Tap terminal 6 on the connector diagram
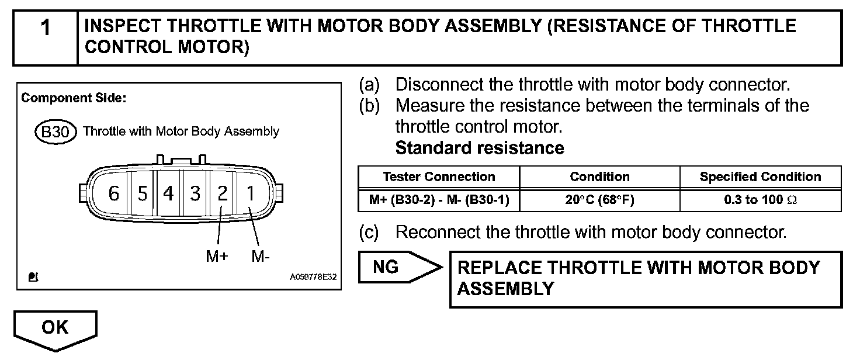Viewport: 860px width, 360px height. (114, 193)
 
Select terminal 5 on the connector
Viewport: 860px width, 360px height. (142, 193)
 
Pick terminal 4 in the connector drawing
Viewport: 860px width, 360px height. (168, 193)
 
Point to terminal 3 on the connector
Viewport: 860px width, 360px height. (195, 193)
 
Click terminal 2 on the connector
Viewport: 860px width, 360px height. (222, 193)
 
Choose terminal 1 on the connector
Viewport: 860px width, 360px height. (249, 193)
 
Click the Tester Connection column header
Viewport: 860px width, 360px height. (439, 176)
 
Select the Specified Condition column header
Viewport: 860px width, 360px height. (760, 176)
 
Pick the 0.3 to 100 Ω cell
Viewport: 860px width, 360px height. (760, 200)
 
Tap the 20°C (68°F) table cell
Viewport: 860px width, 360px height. (599, 200)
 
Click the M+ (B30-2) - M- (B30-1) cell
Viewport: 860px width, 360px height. (439, 200)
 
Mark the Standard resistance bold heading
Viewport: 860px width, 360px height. (480, 148)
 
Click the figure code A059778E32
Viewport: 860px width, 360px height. (313, 278)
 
